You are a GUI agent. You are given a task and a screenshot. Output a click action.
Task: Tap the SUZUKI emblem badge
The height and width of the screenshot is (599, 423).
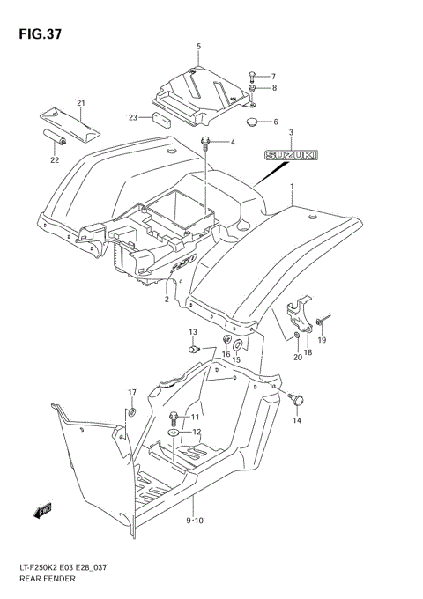pyautogui.click(x=292, y=155)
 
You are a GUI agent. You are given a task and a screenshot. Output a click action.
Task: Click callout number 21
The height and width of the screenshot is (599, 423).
pyautogui.click(x=80, y=103)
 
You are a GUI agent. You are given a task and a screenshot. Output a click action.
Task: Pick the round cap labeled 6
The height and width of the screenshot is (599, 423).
pyautogui.click(x=252, y=122)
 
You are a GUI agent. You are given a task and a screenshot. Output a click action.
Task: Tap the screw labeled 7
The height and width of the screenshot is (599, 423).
pyautogui.click(x=252, y=75)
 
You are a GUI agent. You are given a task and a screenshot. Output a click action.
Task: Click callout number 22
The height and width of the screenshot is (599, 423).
pyautogui.click(x=55, y=160)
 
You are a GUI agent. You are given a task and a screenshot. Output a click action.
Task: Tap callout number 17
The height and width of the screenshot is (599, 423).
pyautogui.click(x=131, y=392)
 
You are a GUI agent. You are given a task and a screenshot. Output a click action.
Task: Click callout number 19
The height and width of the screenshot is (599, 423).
pyautogui.click(x=322, y=340)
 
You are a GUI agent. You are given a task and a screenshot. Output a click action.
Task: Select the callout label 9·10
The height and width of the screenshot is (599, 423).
pyautogui.click(x=194, y=521)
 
